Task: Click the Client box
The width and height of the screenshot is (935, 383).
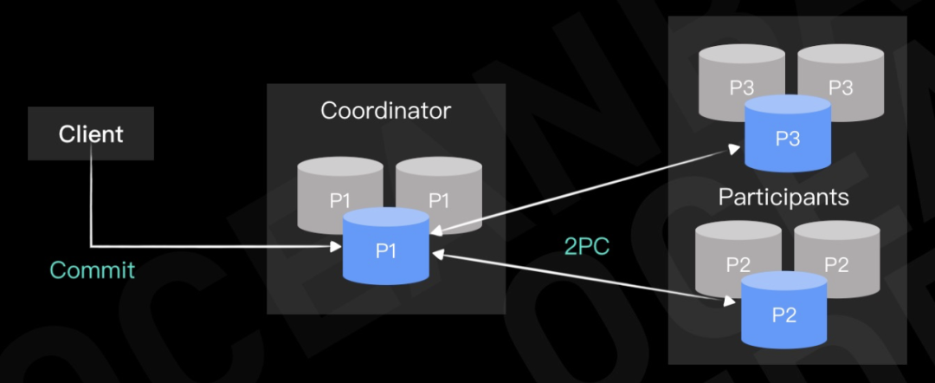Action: [x=91, y=133]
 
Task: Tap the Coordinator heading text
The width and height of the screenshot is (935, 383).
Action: [x=386, y=110]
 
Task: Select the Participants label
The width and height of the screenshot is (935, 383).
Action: [x=783, y=197]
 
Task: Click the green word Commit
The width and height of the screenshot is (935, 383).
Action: [x=93, y=270]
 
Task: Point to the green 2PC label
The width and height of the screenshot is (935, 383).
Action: [x=587, y=246]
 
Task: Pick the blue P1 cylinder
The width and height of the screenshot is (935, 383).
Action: [x=386, y=246]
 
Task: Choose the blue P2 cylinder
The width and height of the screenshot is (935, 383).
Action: [x=784, y=309]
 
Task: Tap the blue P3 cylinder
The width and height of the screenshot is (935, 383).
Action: [x=788, y=133]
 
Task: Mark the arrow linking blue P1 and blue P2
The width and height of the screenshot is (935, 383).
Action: [x=583, y=277]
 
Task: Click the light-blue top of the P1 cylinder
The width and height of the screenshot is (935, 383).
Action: [x=386, y=217]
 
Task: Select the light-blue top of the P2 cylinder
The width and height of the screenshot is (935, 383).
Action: [x=784, y=281]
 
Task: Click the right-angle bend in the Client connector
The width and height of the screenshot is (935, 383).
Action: [x=91, y=245]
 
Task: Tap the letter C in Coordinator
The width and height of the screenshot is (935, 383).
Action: [x=330, y=110]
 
